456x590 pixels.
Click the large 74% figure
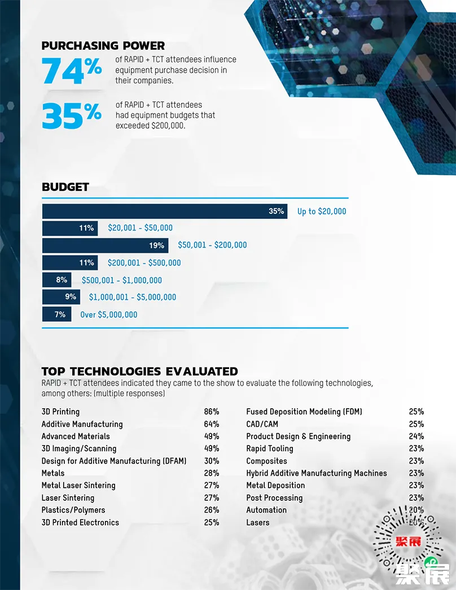click(x=72, y=70)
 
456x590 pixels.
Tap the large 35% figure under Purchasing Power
click(x=72, y=115)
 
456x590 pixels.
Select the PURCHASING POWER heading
click(x=103, y=46)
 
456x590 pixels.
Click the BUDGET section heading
click(x=65, y=187)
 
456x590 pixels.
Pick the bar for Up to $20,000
click(x=164, y=211)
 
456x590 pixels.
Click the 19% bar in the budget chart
click(x=105, y=246)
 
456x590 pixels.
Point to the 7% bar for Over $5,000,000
click(x=56, y=314)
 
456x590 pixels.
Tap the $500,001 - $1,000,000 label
click(x=122, y=280)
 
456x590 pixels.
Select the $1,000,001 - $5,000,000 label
click(x=133, y=297)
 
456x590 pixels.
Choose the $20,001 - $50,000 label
click(x=141, y=228)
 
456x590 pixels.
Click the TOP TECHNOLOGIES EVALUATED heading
click(x=139, y=372)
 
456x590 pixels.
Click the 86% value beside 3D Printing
click(x=212, y=412)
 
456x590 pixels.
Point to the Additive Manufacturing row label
click(x=82, y=424)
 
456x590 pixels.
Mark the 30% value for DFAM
click(x=212, y=461)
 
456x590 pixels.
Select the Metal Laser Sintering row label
click(x=78, y=486)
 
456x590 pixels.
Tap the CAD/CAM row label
click(x=262, y=424)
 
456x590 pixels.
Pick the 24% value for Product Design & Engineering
click(x=416, y=436)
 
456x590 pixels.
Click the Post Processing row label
click(x=274, y=498)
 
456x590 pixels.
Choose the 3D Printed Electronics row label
click(x=80, y=522)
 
